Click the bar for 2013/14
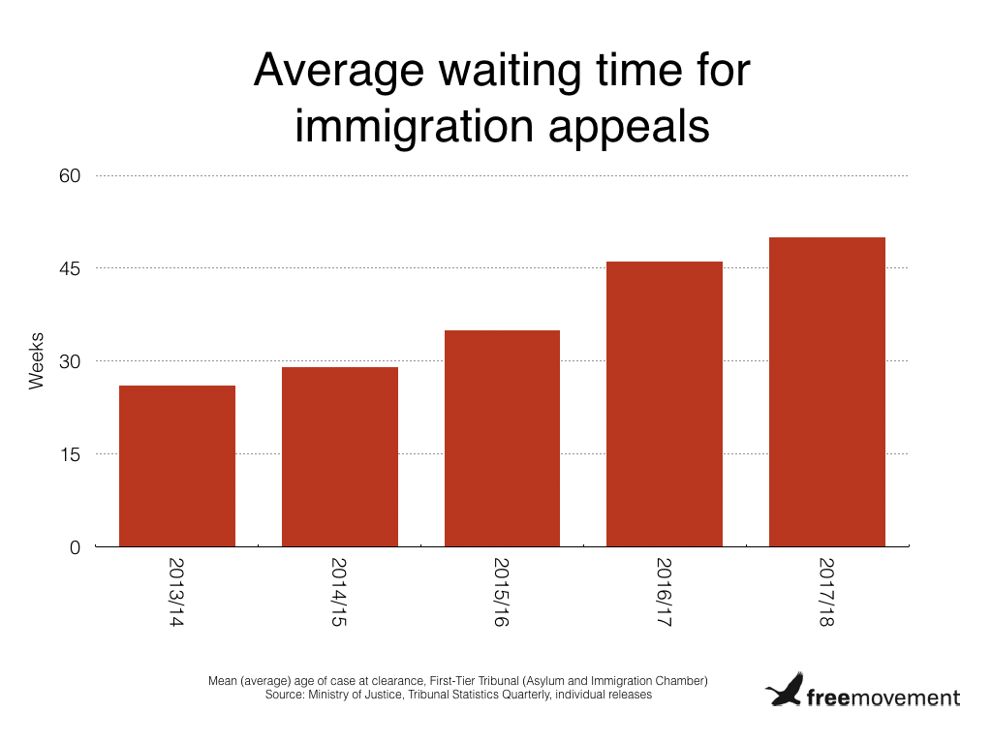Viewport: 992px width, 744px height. [x=177, y=466]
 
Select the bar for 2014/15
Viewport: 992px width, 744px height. [x=340, y=456]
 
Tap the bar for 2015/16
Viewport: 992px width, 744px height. [x=502, y=438]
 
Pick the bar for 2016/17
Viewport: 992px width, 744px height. [x=665, y=404]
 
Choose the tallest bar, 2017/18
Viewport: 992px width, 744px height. [x=826, y=391]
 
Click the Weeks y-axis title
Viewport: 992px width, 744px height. [x=37, y=361]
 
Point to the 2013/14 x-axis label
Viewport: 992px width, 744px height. [x=177, y=591]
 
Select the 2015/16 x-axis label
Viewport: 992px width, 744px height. [x=502, y=591]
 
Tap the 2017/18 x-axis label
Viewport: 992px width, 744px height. [x=826, y=591]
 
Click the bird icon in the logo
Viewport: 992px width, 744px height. [x=785, y=691]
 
